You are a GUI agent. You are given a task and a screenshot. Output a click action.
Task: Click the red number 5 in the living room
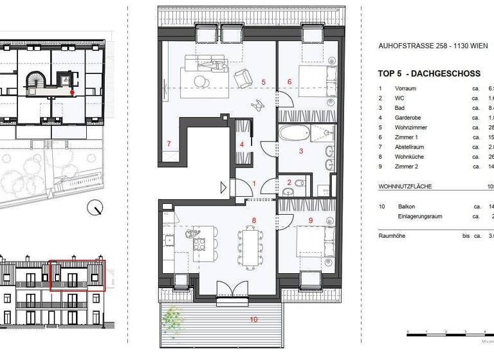[263, 83]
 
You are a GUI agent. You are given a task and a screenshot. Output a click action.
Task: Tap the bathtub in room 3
[295, 137]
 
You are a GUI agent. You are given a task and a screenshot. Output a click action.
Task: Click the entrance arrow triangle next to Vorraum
[223, 188]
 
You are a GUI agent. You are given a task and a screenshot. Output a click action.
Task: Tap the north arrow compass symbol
[96, 207]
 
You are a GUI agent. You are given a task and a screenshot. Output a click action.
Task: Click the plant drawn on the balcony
[172, 318]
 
